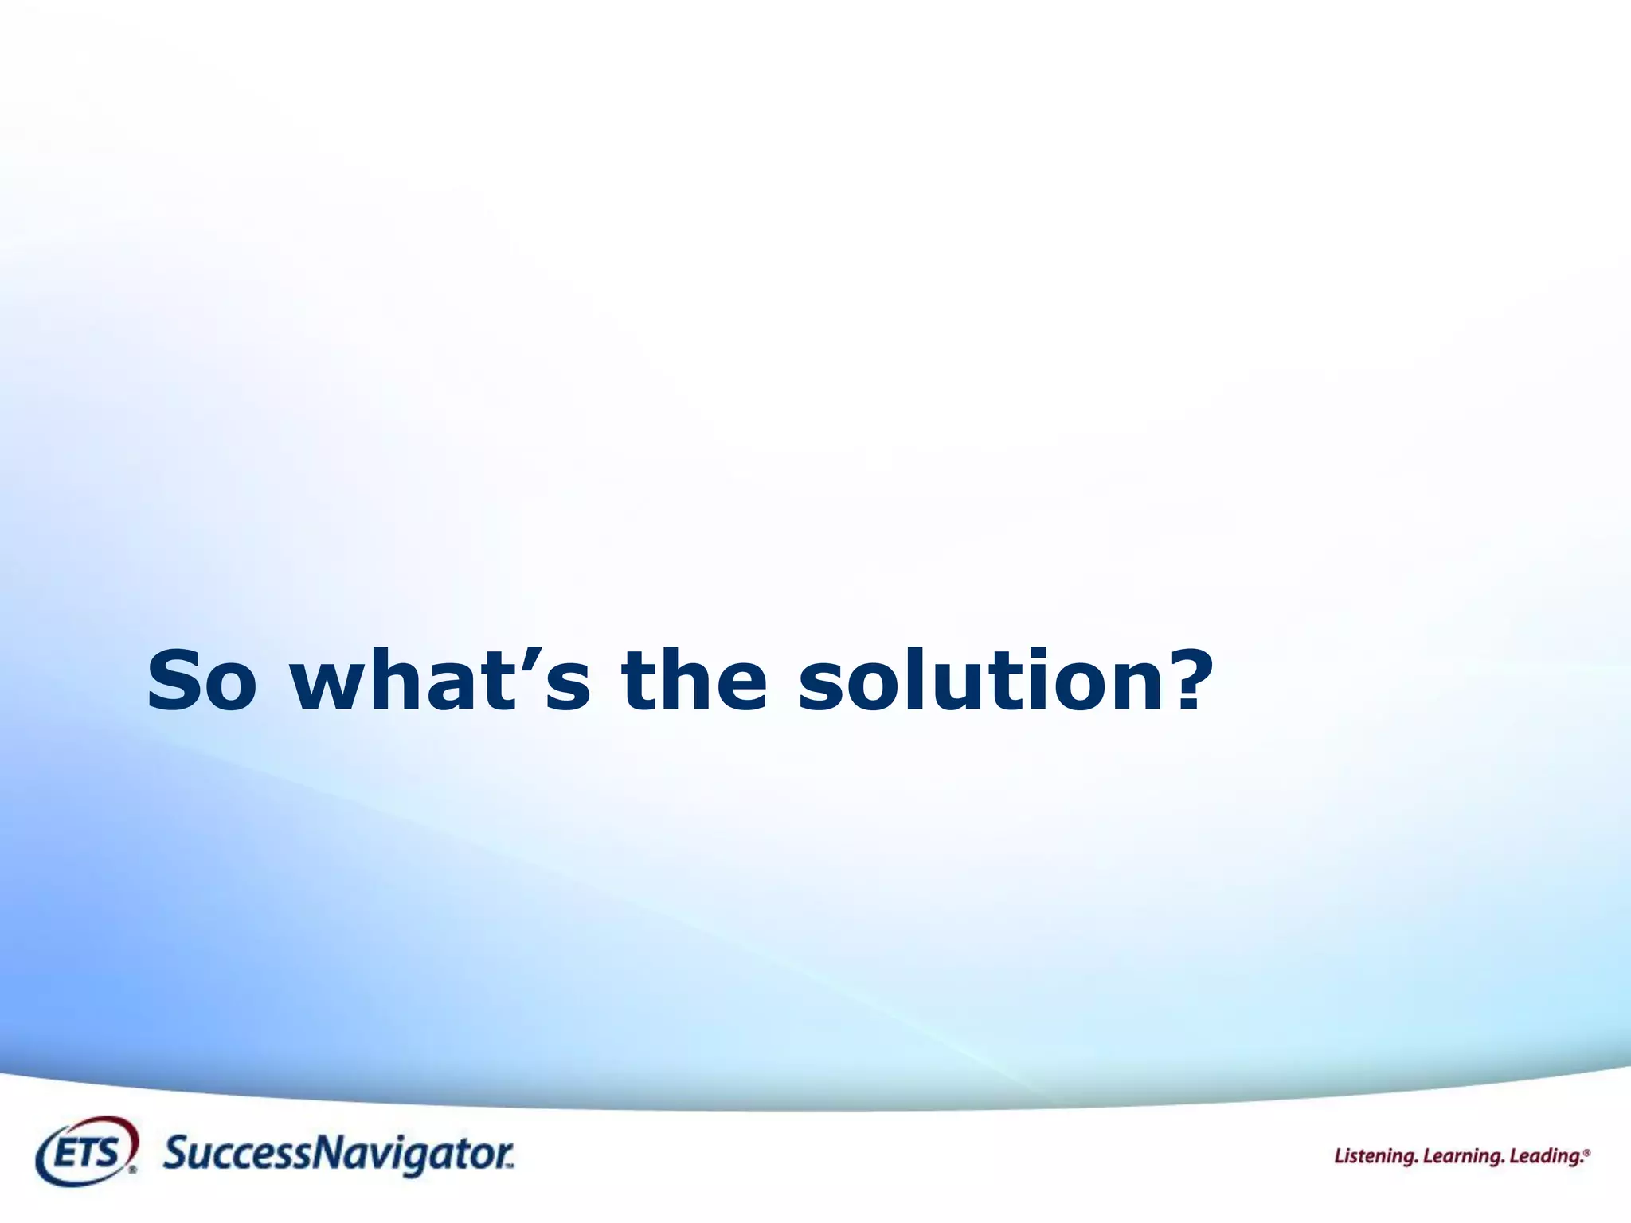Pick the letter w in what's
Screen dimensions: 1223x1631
pos(330,690)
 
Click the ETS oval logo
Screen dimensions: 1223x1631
pos(86,1152)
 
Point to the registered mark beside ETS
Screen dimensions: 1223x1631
pos(132,1170)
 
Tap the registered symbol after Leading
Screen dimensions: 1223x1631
pos(1587,1151)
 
